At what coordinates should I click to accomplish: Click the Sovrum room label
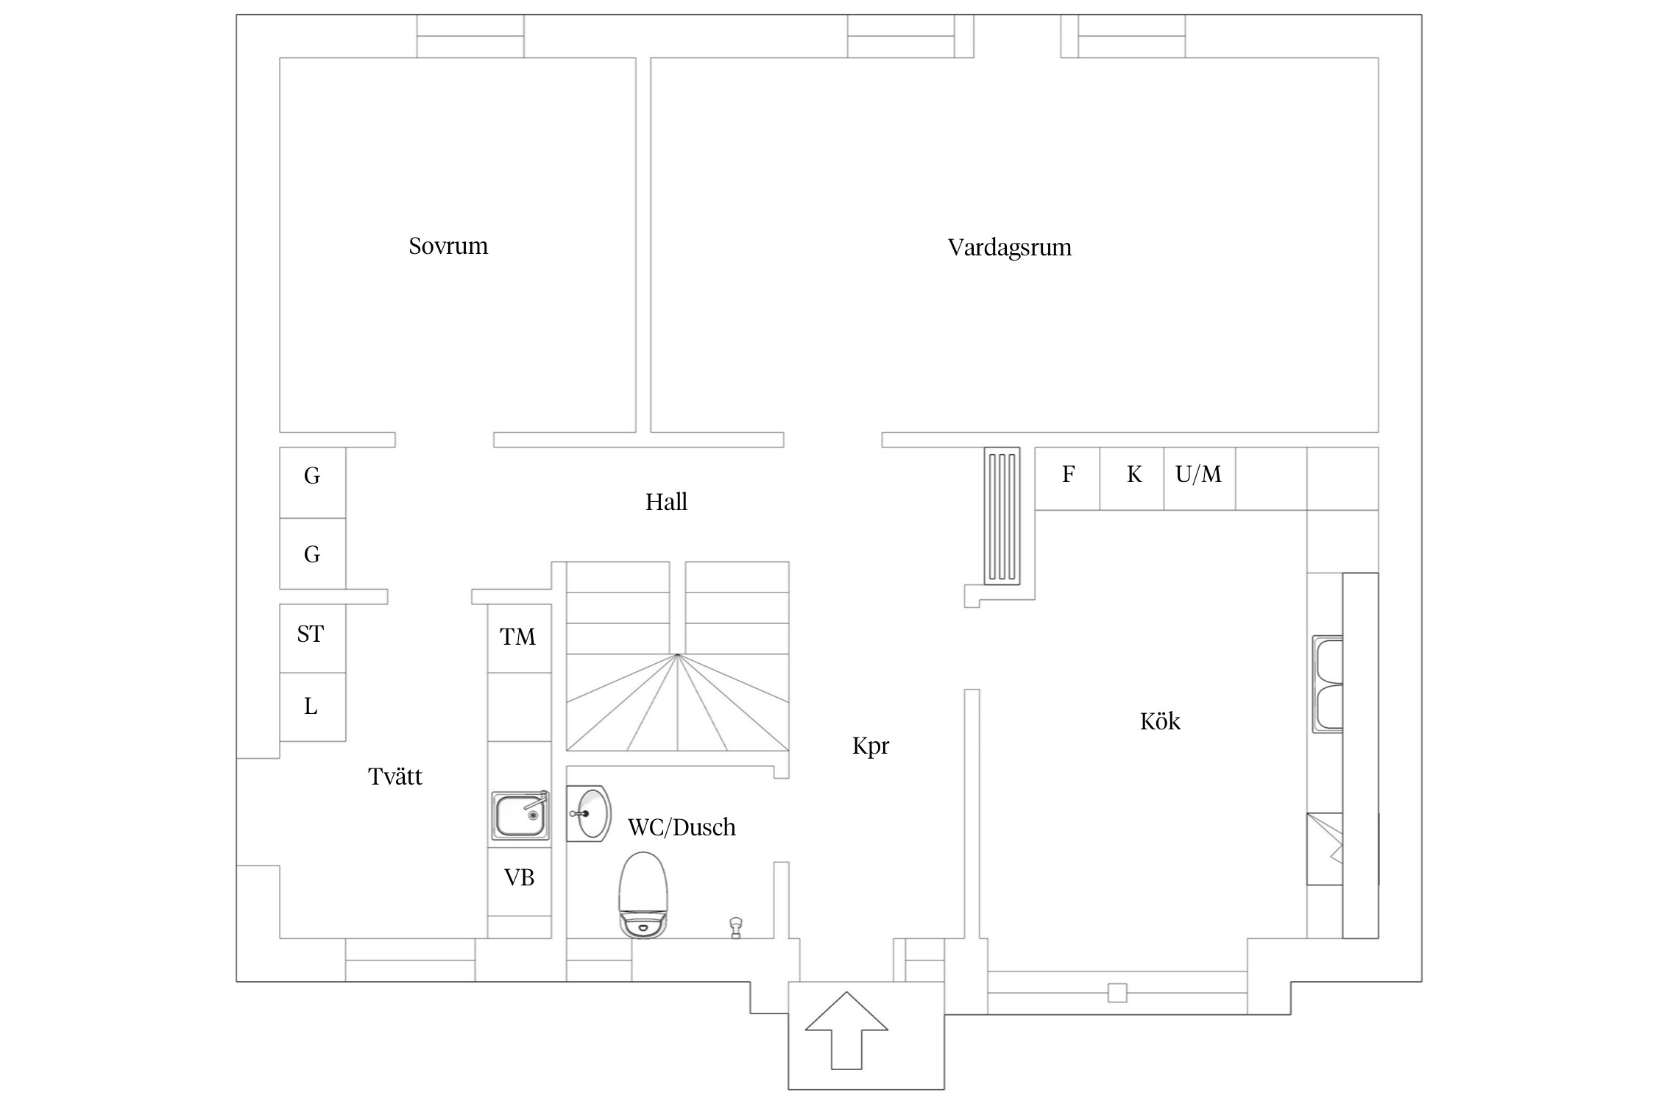448,246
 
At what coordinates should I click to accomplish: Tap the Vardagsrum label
1009,247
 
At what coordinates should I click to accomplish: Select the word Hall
666,502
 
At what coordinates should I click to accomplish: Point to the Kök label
1159,721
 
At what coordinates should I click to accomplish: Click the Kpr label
871,746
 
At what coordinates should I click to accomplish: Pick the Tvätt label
395,776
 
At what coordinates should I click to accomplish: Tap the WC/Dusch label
682,827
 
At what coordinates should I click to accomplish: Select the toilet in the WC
643,894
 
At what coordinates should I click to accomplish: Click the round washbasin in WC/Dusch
590,813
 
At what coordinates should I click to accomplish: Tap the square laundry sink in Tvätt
520,815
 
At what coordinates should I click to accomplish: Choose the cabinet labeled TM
518,637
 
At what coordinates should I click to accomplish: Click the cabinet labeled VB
519,878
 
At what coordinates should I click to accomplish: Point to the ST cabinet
311,634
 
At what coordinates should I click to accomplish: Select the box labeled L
311,707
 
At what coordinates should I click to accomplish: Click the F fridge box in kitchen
1068,475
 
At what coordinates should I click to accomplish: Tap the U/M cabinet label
1198,475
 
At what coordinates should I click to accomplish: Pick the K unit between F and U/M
1133,475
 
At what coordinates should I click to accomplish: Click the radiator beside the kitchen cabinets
1002,515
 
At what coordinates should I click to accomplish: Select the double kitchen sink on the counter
1328,684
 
